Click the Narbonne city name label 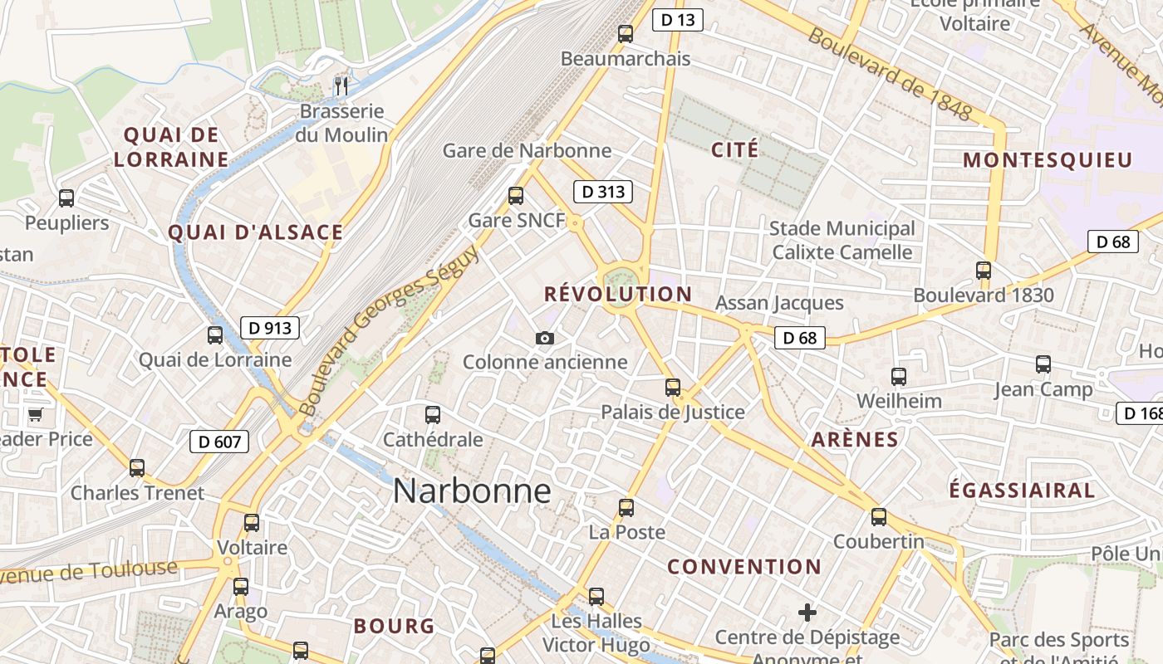(x=472, y=491)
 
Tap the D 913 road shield (x=270, y=328)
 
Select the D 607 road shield (x=219, y=442)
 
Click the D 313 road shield (x=603, y=193)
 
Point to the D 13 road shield (x=678, y=20)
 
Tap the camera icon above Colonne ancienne (x=545, y=338)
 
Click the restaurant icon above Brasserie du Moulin (x=341, y=85)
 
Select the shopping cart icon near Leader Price (x=35, y=414)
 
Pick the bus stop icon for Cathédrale (x=433, y=414)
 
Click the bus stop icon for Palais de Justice (x=673, y=387)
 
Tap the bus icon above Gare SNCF (x=516, y=196)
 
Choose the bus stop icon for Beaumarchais (x=626, y=34)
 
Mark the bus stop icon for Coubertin (x=879, y=517)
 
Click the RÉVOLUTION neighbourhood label (x=617, y=294)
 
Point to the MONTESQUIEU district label (x=1048, y=160)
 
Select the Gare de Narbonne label (x=527, y=150)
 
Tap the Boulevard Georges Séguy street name (x=389, y=330)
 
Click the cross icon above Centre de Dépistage (x=807, y=613)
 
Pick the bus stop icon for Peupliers (x=66, y=198)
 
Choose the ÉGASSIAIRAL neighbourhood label (x=1022, y=490)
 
